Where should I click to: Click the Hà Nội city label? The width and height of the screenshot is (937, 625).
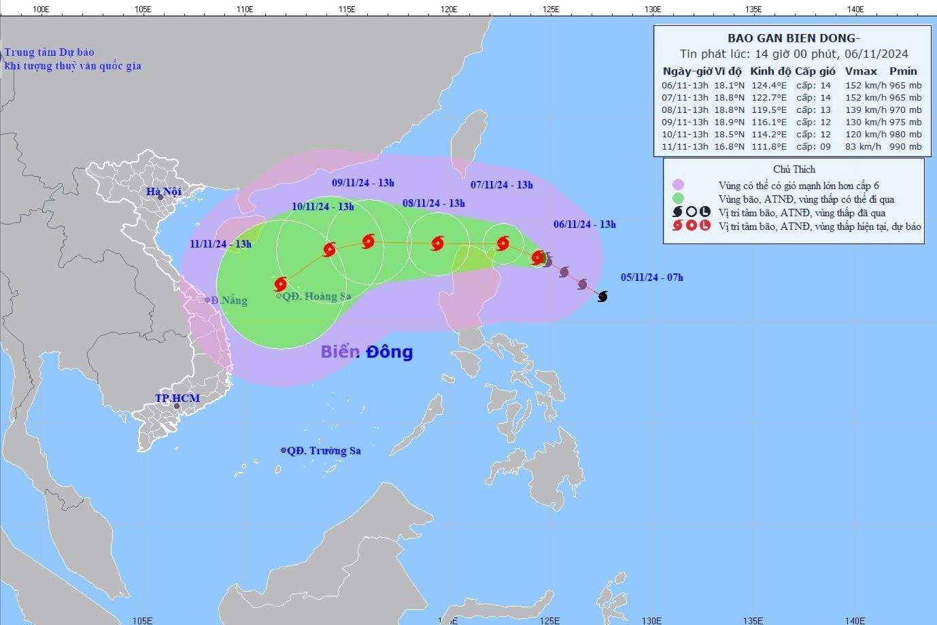tap(164, 192)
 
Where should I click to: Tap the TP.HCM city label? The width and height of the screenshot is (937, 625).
tap(177, 398)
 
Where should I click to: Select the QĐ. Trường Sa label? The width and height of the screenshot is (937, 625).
tap(323, 450)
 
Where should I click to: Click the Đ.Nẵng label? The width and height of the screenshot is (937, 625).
tap(228, 300)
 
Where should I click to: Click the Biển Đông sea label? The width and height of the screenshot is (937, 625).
tap(367, 352)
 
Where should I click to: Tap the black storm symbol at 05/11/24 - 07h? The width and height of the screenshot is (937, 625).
tap(602, 296)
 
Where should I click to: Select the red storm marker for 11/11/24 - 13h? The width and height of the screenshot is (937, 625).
tap(281, 284)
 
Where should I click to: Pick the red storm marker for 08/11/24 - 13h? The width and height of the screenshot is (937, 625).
tap(437, 243)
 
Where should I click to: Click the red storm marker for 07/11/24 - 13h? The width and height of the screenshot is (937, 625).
tap(502, 243)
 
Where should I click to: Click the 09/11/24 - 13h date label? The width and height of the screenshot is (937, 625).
tap(363, 183)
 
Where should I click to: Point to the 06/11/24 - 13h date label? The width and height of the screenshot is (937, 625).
tap(584, 224)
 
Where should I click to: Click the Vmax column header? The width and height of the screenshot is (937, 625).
tap(861, 71)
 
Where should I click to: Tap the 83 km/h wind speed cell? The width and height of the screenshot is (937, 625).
tap(861, 146)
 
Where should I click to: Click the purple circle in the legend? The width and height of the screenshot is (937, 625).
tap(677, 185)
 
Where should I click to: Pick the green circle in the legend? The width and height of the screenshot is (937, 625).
tap(677, 199)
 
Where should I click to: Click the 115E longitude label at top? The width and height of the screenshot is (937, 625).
tap(347, 9)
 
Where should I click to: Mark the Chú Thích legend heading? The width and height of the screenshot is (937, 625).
tap(794, 169)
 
